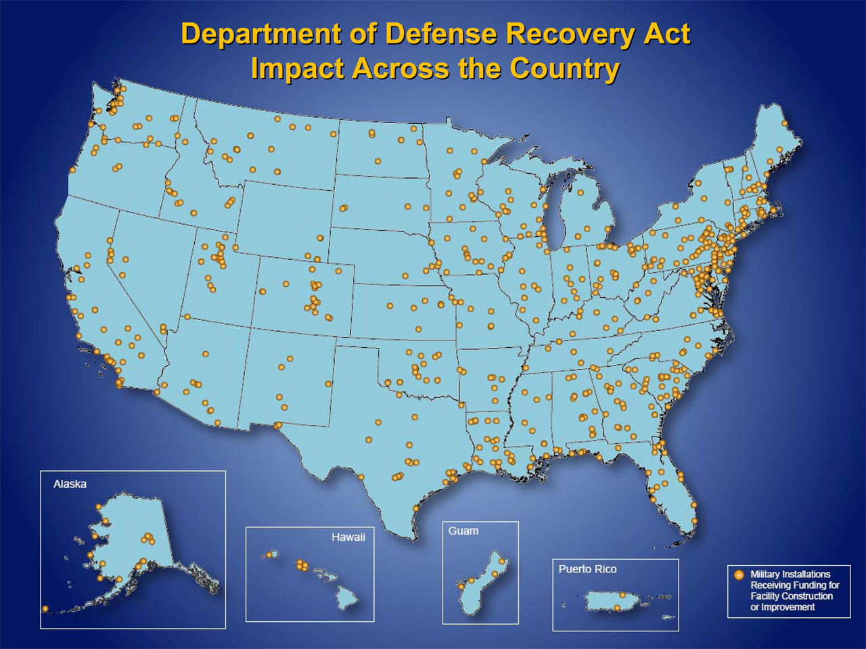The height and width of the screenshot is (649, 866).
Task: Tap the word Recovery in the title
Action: coord(574,34)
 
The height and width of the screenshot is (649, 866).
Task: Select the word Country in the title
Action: coord(565,68)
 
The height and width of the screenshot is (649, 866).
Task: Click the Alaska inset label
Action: coord(70,484)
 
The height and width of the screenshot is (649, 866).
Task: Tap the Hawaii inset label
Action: coord(348,537)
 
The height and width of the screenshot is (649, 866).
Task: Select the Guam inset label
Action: coord(463,531)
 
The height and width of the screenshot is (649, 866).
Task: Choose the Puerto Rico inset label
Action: coord(587,569)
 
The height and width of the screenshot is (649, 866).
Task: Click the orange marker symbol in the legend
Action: coord(739,575)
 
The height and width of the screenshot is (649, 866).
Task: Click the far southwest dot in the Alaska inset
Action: coord(45,609)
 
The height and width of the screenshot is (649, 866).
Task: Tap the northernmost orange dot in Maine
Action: coord(785,123)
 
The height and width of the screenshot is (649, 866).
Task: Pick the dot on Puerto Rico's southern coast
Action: coord(617,608)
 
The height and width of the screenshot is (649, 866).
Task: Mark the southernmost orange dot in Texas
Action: coord(415,508)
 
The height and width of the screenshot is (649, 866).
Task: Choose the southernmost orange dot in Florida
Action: coord(693,521)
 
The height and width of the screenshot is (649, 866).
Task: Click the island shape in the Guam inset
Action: coord(482,585)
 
